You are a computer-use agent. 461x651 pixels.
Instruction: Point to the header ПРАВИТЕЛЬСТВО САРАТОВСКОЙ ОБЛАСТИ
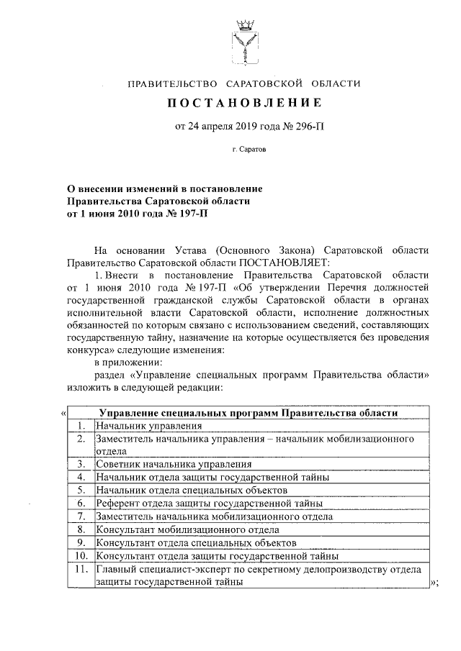click(243, 84)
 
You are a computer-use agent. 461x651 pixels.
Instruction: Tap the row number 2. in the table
click(81, 438)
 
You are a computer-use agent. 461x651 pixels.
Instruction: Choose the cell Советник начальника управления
click(174, 464)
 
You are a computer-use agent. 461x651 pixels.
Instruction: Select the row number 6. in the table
click(81, 503)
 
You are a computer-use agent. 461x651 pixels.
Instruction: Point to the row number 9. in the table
click(81, 542)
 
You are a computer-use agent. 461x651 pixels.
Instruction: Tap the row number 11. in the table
click(81, 568)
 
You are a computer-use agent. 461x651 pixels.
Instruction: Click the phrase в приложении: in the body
click(128, 362)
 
